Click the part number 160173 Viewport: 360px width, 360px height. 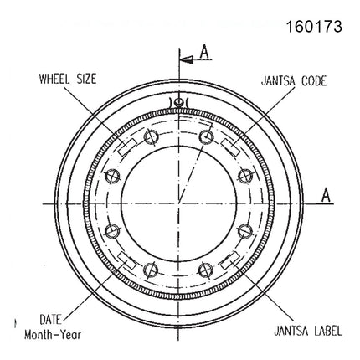tap(314, 27)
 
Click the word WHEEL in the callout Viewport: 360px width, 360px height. tap(54, 79)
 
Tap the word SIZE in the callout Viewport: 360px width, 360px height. tap(86, 79)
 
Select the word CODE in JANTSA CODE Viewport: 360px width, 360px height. tap(314, 81)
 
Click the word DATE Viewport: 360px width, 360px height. tap(50, 320)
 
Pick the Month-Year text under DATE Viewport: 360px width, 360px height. tap(53, 335)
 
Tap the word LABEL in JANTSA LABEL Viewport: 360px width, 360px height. tap(328, 331)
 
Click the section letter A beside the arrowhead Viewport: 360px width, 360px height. tap(205, 52)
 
